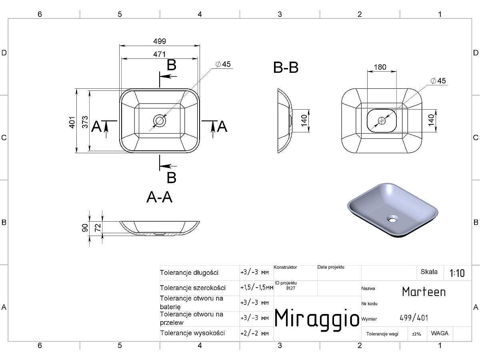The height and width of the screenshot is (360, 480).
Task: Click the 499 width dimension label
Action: point(160,41)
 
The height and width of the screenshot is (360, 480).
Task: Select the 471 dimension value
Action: point(160,54)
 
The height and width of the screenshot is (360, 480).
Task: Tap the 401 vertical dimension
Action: point(72,122)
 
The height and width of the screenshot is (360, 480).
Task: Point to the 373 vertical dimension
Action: point(85,122)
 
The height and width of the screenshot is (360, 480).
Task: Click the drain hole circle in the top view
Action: point(160,120)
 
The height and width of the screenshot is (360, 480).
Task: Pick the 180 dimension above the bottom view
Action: point(380,67)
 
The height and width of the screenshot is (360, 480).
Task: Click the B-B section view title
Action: point(286,67)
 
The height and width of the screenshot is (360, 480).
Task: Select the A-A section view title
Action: point(160,197)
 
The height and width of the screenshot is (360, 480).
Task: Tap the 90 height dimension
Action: point(85,228)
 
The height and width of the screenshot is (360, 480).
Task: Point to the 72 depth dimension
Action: point(98,228)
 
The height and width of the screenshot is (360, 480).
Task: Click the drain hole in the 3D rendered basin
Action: point(392,218)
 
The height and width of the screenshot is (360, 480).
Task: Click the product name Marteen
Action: point(424,292)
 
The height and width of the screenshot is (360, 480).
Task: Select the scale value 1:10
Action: point(457,273)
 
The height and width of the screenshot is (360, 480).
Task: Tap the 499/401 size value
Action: point(414,318)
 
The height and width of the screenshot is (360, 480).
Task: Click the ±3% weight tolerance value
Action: point(416,334)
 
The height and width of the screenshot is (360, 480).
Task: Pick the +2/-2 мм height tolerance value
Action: point(254,333)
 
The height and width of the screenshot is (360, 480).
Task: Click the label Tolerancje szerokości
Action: point(192,288)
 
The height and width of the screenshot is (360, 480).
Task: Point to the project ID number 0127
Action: point(291,288)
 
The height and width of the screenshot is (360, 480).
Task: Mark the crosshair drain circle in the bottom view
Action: point(382,120)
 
